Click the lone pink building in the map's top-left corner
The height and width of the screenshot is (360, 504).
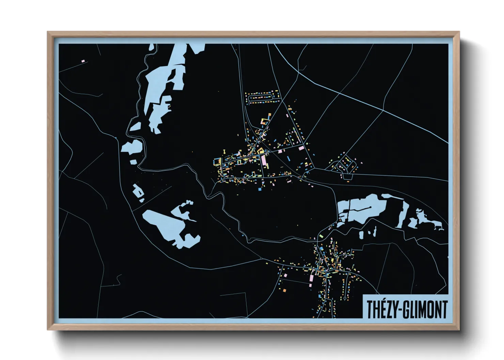[83, 61]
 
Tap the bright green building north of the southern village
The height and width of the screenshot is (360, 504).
[321, 235]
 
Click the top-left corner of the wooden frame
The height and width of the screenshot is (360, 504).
[48, 33]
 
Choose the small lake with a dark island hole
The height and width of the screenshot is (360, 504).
[138, 191]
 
